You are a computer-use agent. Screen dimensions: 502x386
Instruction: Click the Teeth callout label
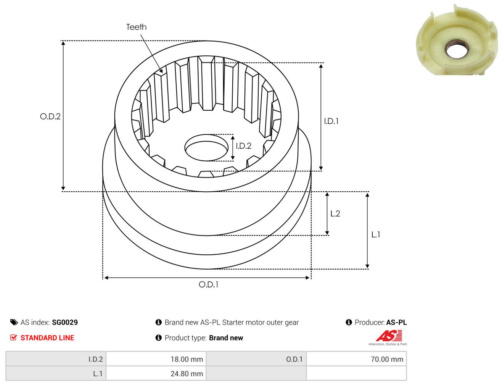pyautogui.click(x=136, y=27)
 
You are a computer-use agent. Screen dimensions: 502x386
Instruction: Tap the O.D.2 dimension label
pyautogui.click(x=50, y=116)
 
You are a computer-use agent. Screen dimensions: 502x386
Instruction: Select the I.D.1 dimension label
pyautogui.click(x=331, y=121)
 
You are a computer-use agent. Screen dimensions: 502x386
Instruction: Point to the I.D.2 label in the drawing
pyautogui.click(x=243, y=146)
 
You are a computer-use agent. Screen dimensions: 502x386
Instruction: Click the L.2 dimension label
pyautogui.click(x=335, y=213)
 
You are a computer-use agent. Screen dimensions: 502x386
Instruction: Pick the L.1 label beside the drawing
pyautogui.click(x=376, y=235)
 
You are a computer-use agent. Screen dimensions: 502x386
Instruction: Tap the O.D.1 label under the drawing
pyautogui.click(x=208, y=284)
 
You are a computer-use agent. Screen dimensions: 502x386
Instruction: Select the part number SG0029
pyautogui.click(x=65, y=323)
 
